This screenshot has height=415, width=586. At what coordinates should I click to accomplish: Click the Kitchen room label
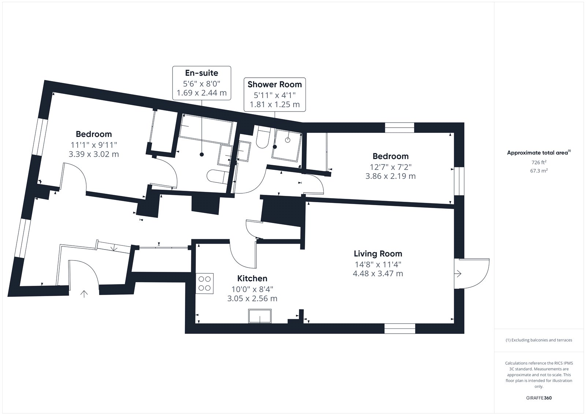pyautogui.click(x=252, y=278)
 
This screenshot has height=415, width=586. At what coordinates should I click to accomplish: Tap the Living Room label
pyautogui.click(x=378, y=254)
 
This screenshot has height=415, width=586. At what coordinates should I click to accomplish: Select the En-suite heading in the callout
pyautogui.click(x=201, y=73)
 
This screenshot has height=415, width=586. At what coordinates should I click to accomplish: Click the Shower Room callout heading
pyautogui.click(x=275, y=84)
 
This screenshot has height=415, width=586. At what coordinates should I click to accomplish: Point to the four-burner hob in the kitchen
pyautogui.click(x=205, y=283)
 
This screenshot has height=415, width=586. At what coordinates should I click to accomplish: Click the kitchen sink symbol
pyautogui.click(x=260, y=316)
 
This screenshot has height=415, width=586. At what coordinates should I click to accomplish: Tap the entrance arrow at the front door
pyautogui.click(x=84, y=294)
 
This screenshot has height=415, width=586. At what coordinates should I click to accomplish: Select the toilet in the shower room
pyautogui.click(x=262, y=137)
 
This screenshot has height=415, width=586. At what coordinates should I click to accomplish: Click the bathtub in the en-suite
pyautogui.click(x=206, y=129)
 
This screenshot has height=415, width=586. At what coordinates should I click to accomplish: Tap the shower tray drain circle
pyautogui.click(x=288, y=140)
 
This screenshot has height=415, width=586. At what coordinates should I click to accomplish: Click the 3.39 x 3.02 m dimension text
pyautogui.click(x=94, y=154)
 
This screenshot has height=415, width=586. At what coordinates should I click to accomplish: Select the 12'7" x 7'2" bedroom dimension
pyautogui.click(x=390, y=167)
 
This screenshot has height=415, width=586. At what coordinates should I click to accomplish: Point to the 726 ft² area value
pyautogui.click(x=539, y=162)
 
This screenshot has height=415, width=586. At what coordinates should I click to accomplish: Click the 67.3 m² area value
pyautogui.click(x=539, y=171)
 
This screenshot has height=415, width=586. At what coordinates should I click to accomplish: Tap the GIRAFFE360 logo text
pyautogui.click(x=539, y=398)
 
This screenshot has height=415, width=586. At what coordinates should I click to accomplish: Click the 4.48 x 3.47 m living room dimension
pyautogui.click(x=378, y=273)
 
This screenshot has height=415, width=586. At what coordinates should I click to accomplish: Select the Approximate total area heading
pyautogui.click(x=539, y=153)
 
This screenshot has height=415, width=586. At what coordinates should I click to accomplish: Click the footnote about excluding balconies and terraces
pyautogui.click(x=539, y=340)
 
